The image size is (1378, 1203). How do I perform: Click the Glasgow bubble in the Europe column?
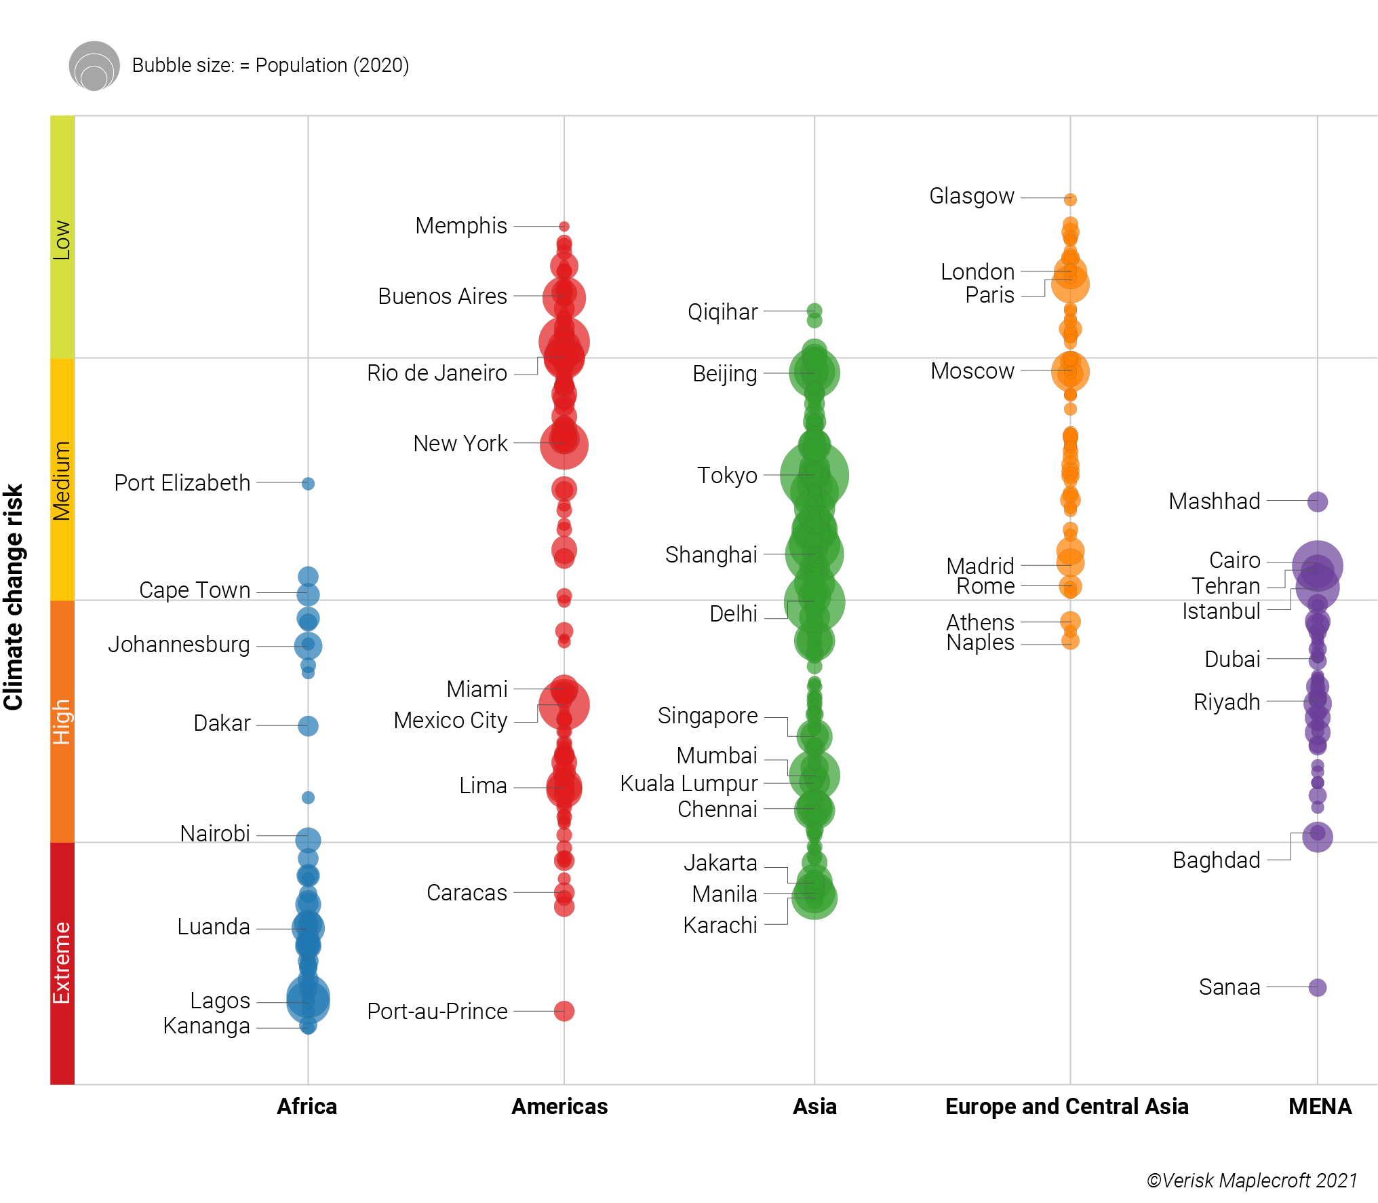click(x=1070, y=199)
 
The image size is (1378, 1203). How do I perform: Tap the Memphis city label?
click(x=461, y=226)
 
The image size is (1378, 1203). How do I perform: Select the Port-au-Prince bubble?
click(x=564, y=1011)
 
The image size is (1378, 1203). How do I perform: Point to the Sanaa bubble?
click(x=1317, y=987)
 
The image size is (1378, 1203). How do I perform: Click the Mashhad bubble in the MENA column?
click(x=1317, y=501)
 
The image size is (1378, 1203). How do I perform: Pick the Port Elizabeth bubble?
click(x=308, y=484)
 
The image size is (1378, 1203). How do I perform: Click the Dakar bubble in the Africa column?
click(x=308, y=726)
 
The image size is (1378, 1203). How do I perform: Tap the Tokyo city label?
click(x=727, y=476)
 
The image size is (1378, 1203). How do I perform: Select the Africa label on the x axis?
click(x=307, y=1107)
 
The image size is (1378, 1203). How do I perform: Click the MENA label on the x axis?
click(x=1320, y=1107)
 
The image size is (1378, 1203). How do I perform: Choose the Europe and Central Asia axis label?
click(x=1067, y=1107)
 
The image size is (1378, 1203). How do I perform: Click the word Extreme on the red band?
click(x=62, y=962)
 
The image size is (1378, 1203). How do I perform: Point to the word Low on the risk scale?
click(x=62, y=240)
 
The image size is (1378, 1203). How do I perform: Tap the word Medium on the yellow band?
click(x=62, y=480)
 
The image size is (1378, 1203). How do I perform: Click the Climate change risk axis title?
click(x=14, y=597)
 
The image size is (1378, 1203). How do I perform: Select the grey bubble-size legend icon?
click(x=94, y=66)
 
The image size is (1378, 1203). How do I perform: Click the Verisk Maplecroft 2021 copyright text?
click(x=1252, y=1181)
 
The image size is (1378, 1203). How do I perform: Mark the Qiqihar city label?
click(x=722, y=312)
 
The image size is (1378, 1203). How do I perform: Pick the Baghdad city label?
click(x=1217, y=860)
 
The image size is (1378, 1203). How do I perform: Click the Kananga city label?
click(x=207, y=1026)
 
